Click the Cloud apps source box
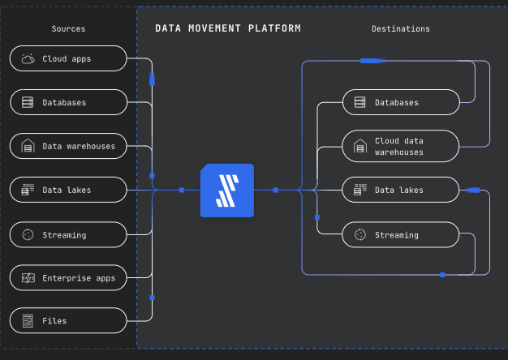click(x=68, y=58)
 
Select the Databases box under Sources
click(x=68, y=102)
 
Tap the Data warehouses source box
click(x=68, y=146)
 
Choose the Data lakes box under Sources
click(x=68, y=190)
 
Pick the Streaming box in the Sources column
click(x=68, y=234)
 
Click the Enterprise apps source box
click(x=68, y=278)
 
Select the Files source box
click(x=68, y=320)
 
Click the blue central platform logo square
click(x=227, y=191)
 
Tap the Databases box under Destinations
click(x=401, y=102)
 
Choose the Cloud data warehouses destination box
click(x=401, y=146)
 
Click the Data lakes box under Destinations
click(x=401, y=190)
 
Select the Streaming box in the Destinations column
click(x=401, y=234)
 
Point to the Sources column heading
click(x=68, y=29)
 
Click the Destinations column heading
click(x=401, y=29)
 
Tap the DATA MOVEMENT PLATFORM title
click(x=228, y=28)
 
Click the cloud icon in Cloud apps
click(x=28, y=58)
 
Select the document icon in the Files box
click(x=28, y=321)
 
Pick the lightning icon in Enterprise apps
click(x=28, y=278)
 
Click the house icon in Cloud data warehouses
click(x=360, y=146)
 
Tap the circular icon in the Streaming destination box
click(x=360, y=234)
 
